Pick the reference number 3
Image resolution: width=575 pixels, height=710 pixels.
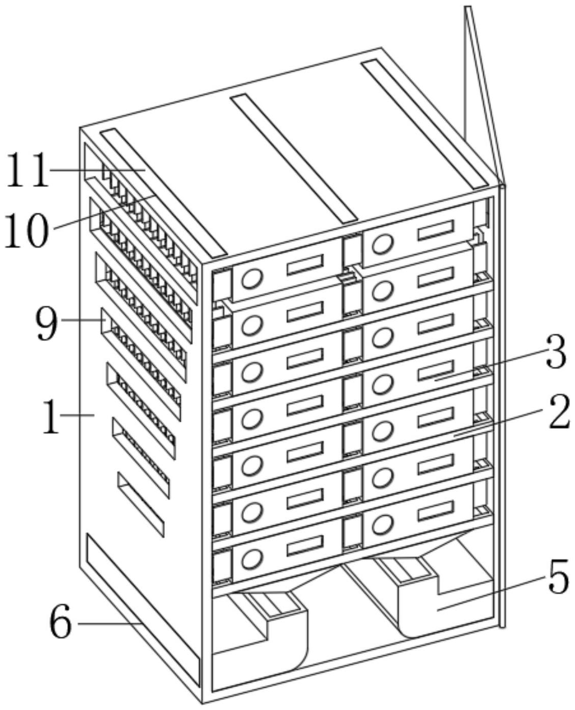pos(556,353)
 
